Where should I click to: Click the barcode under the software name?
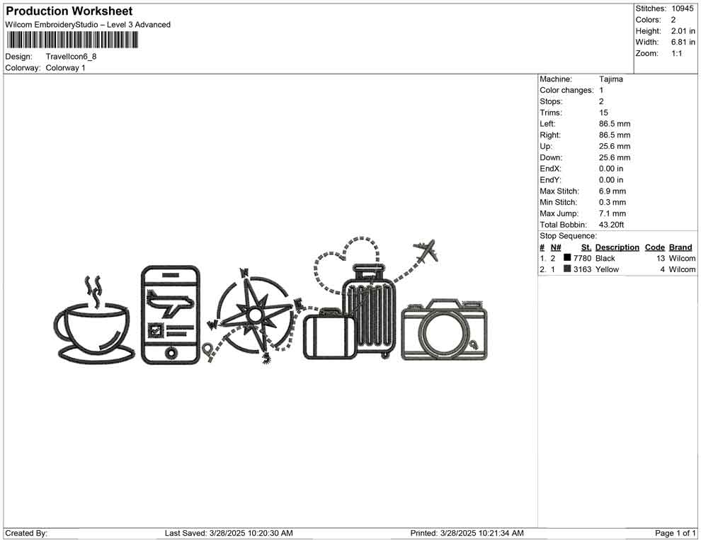click(x=70, y=39)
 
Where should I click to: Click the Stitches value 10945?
click(x=683, y=9)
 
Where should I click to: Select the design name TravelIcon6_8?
click(x=72, y=56)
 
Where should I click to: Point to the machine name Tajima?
click(x=611, y=79)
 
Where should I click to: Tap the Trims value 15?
click(x=603, y=113)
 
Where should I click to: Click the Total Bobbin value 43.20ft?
click(x=612, y=225)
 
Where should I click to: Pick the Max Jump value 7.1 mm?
click(x=612, y=213)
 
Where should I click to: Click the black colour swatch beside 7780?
click(x=567, y=258)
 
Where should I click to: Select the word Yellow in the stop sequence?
click(x=607, y=269)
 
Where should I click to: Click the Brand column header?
click(x=680, y=247)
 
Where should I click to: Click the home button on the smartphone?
click(x=170, y=352)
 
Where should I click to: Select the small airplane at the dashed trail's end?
click(x=425, y=251)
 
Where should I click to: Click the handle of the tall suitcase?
click(x=363, y=271)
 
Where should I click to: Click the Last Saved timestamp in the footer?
click(x=229, y=533)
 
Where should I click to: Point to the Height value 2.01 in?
click(x=683, y=31)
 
